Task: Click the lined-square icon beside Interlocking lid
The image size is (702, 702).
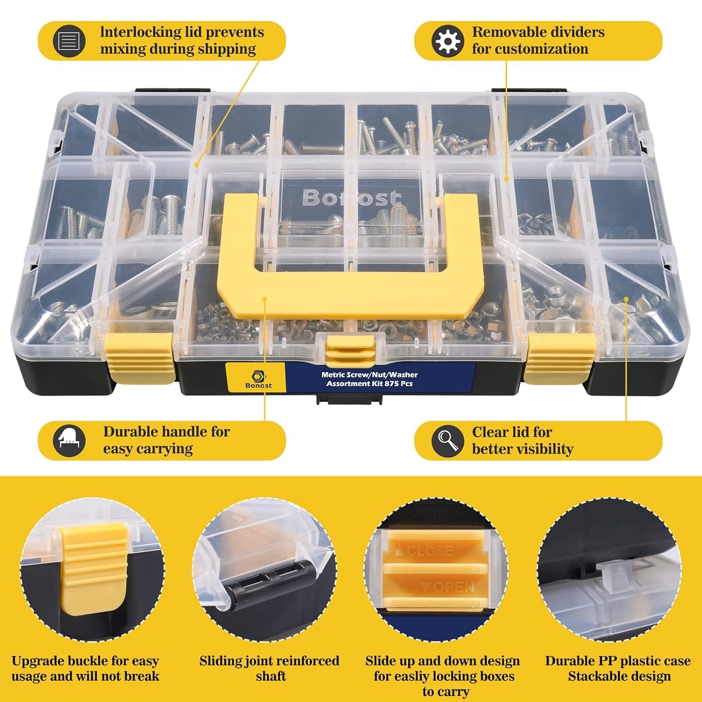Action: click(x=69, y=41)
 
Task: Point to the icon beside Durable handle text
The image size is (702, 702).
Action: click(x=69, y=440)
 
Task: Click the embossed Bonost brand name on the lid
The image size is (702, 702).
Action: click(x=351, y=198)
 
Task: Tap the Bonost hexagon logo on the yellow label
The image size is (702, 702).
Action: click(x=258, y=376)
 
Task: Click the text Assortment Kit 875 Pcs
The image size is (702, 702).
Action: click(x=369, y=384)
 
